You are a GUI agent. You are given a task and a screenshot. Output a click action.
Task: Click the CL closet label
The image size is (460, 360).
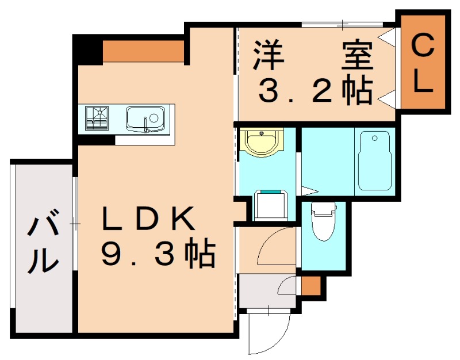point(424,63)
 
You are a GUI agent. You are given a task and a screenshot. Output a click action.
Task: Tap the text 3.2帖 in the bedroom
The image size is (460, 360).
point(315,90)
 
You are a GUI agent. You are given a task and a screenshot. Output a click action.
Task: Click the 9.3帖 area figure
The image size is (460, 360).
point(158,254)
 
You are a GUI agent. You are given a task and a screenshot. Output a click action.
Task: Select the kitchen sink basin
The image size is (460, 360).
point(145,119)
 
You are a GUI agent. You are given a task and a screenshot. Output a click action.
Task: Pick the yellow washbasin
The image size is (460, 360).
point(262,141)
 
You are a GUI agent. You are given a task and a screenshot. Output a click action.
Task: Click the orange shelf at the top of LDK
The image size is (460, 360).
point(143,51)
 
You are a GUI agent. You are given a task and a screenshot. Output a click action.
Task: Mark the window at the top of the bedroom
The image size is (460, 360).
point(343,24)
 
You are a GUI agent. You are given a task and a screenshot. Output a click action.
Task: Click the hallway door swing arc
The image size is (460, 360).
point(275,244)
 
